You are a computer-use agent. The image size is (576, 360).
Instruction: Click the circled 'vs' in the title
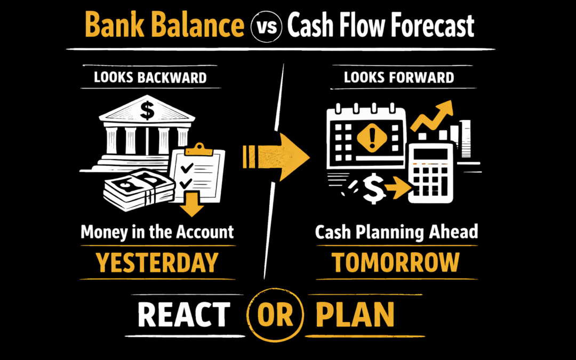[265, 27]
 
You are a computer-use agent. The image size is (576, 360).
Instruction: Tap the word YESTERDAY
[157, 262]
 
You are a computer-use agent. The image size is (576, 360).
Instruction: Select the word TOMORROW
[395, 262]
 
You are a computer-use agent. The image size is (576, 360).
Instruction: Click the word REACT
[184, 315]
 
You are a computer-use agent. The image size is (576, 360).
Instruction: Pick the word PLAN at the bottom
[355, 315]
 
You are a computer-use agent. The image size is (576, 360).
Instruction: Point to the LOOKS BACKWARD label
[150, 77]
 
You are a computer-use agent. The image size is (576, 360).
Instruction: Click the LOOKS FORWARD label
[398, 77]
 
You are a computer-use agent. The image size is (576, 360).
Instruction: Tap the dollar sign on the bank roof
[147, 111]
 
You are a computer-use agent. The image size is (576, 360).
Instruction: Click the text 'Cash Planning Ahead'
[396, 233]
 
